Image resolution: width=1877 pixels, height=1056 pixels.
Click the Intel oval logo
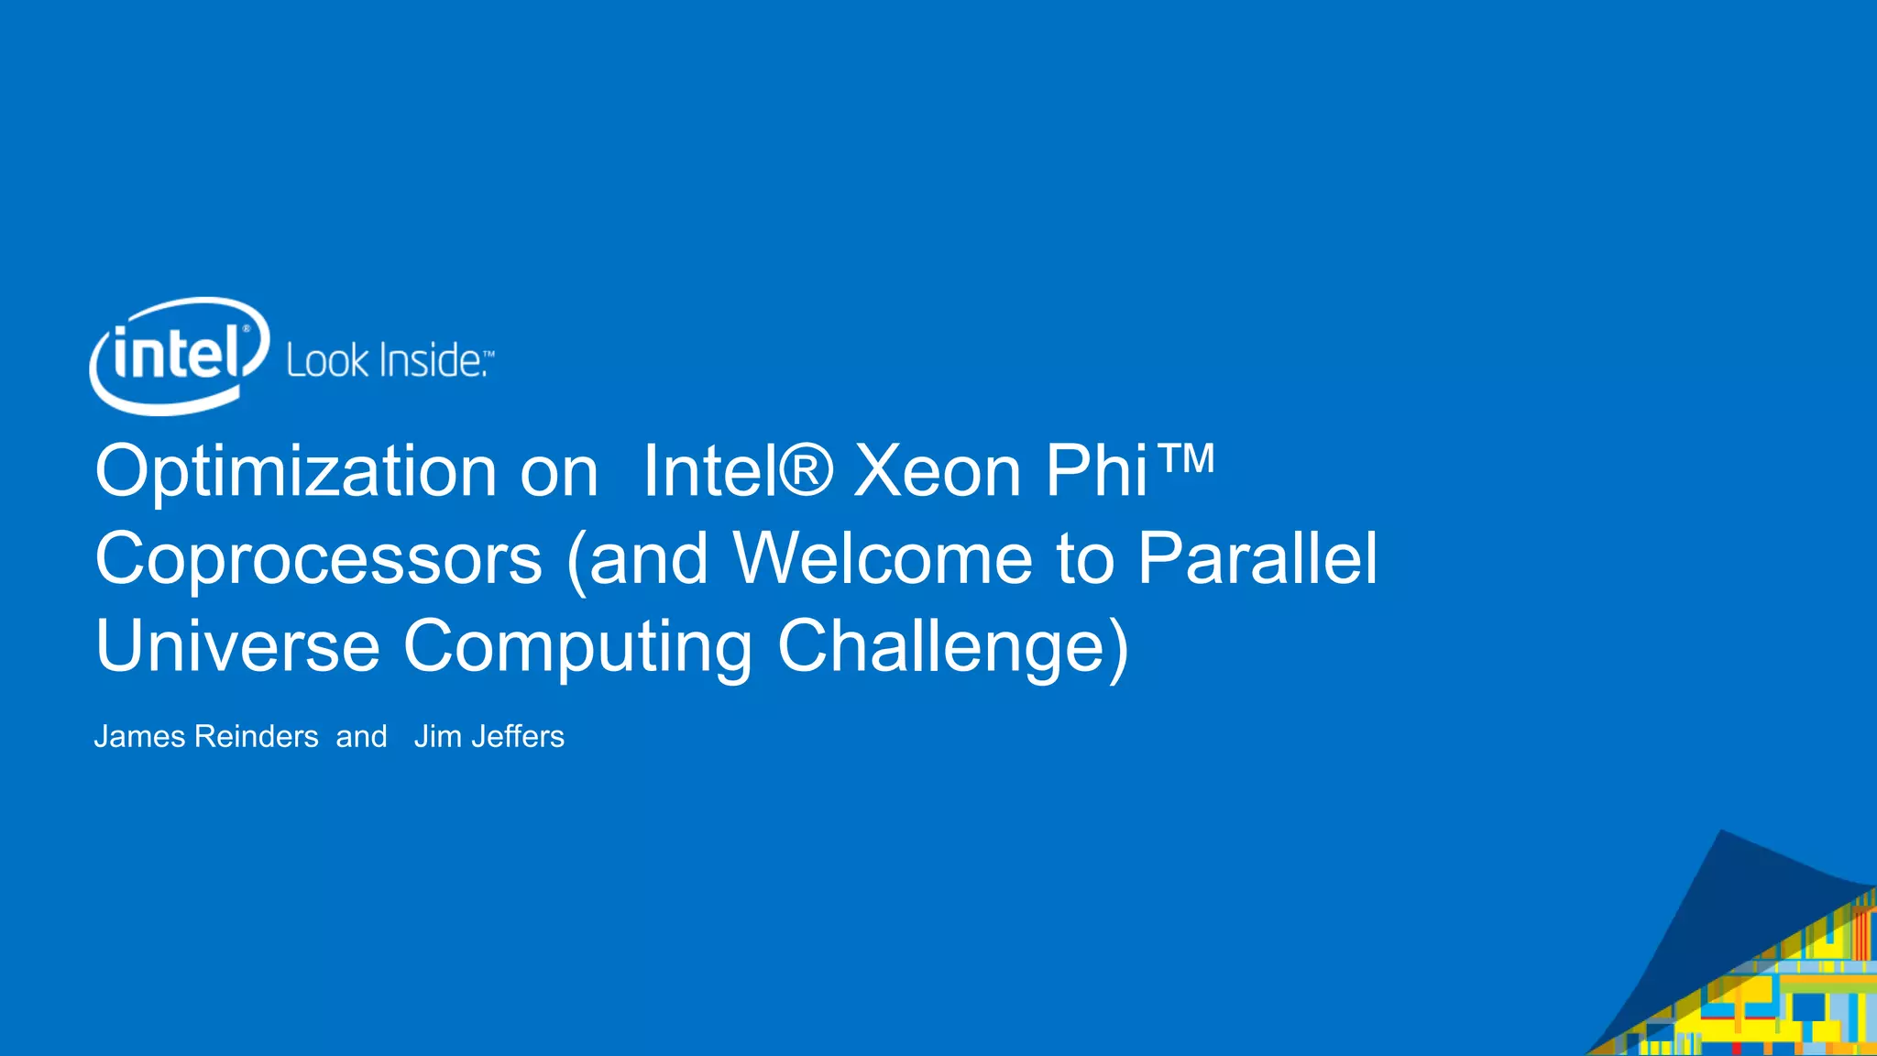click(179, 356)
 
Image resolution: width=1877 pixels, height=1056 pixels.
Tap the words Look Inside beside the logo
click(385, 361)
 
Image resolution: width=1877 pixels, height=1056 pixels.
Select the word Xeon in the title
click(937, 471)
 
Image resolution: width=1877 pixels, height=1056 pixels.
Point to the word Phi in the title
click(1096, 471)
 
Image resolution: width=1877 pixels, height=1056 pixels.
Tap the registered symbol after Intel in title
click(806, 469)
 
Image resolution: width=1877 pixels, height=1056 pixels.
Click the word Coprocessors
click(319, 559)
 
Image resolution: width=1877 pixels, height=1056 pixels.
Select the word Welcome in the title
click(882, 557)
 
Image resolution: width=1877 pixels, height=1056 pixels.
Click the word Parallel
click(1257, 557)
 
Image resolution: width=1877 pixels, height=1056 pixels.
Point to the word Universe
click(237, 646)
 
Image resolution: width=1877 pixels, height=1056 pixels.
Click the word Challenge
click(942, 646)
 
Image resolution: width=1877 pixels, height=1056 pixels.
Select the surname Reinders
click(257, 737)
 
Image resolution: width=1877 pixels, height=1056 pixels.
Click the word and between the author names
click(361, 737)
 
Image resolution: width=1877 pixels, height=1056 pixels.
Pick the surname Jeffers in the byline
click(518, 737)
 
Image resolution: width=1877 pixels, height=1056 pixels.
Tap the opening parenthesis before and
click(577, 561)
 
